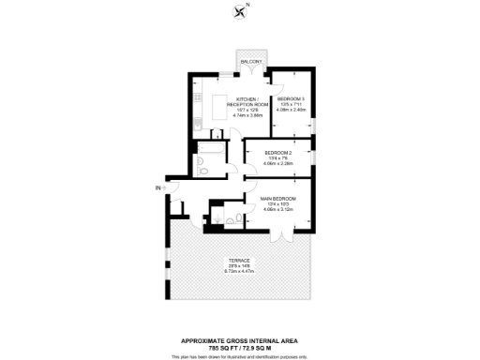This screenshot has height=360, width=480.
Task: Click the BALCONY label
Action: click(250, 62)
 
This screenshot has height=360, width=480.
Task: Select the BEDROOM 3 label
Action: click(291, 98)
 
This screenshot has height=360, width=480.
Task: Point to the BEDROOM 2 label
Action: click(278, 152)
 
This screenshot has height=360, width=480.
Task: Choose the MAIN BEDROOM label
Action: click(278, 199)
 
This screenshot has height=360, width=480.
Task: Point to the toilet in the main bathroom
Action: click(202, 170)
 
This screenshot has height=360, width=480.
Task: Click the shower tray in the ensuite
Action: click(232, 218)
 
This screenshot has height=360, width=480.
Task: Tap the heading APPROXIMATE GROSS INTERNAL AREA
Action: click(240, 339)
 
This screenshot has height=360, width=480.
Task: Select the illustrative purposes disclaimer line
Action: click(240, 355)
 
